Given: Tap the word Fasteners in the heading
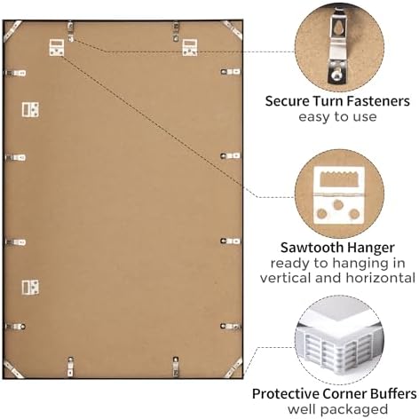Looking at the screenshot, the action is [x=378, y=101].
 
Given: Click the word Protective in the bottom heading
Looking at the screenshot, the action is [x=285, y=394].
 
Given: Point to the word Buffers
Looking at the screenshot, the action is [x=393, y=394].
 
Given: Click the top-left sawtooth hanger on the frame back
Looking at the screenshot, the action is [x=57, y=47].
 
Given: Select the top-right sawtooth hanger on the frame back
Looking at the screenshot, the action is [x=189, y=47].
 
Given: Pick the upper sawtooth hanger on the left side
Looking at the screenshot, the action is [x=30, y=109].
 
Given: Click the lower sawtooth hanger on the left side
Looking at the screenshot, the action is [x=30, y=288].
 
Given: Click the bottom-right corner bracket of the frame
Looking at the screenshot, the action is [x=233, y=368].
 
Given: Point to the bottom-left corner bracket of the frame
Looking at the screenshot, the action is [x=12, y=368].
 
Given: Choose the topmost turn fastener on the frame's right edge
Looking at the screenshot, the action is [x=231, y=72].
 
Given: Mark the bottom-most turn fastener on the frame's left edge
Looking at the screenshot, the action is [x=15, y=327].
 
